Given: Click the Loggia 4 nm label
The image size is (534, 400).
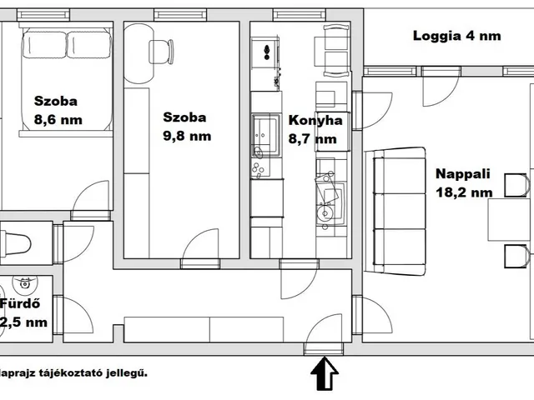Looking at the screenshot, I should click(x=457, y=36).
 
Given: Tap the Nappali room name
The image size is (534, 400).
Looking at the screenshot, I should click(x=462, y=175).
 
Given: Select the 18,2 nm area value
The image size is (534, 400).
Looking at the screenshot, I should click(x=464, y=192).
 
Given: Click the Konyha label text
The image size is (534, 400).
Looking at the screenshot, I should click(x=315, y=120).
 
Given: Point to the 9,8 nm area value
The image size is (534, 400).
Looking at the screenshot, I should click(x=187, y=136).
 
